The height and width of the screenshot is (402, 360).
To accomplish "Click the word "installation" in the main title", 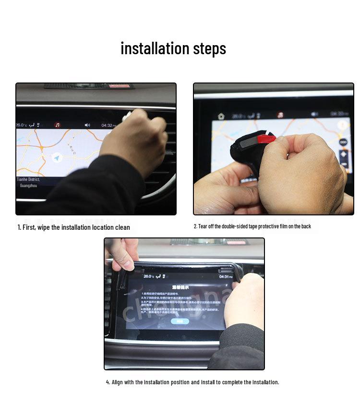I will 155,48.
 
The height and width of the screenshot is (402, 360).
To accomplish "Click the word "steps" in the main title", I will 209,49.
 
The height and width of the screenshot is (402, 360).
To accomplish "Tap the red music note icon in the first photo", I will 58,125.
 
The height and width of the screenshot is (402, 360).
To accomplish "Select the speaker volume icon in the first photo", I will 87,125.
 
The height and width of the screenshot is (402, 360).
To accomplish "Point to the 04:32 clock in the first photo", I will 108,125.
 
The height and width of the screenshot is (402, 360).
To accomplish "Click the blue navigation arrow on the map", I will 57,157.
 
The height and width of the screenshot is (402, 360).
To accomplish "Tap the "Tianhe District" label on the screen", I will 28,179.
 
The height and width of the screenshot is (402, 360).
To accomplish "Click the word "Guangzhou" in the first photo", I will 28,185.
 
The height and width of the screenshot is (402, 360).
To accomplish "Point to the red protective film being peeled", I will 267,139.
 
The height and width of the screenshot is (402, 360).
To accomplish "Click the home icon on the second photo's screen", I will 221,116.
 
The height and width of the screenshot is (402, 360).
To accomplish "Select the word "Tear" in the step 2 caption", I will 203,226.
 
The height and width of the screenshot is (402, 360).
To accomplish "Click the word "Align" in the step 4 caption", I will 118,382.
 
